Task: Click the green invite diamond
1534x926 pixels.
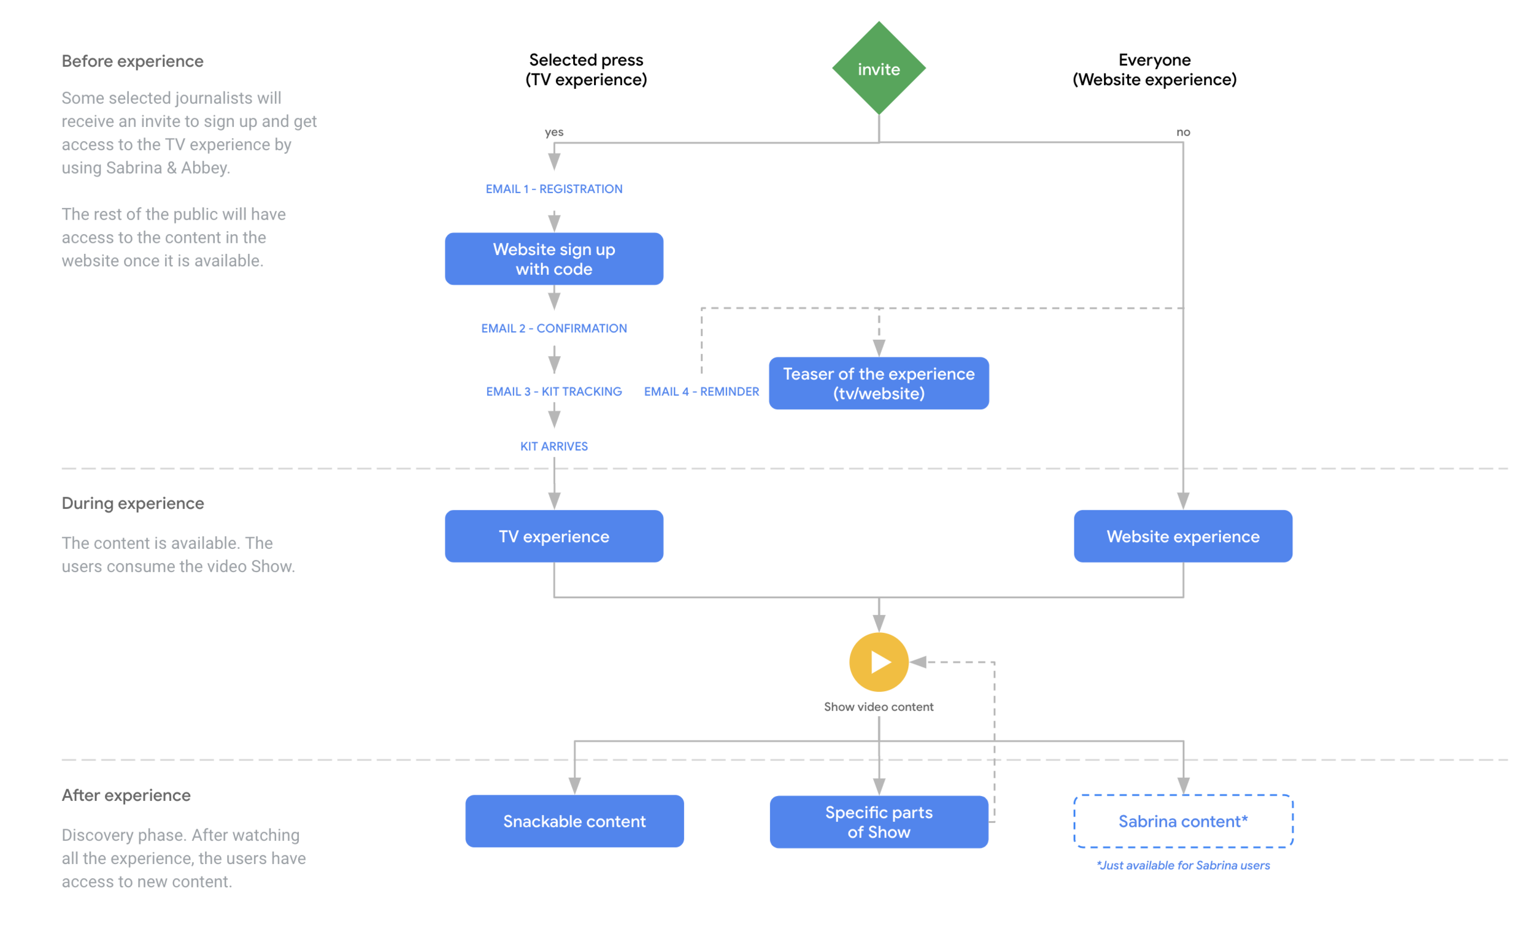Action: (x=879, y=69)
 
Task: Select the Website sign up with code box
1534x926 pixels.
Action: (x=553, y=259)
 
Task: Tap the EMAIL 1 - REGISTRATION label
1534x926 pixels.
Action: (x=553, y=188)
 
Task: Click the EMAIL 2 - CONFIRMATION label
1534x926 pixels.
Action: (x=553, y=328)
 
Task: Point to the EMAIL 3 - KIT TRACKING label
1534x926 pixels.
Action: (x=553, y=391)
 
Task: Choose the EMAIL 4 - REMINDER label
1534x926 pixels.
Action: (x=701, y=391)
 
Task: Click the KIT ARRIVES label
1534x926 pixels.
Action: (x=553, y=446)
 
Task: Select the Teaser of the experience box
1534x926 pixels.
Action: (x=879, y=383)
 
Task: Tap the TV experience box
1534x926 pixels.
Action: (x=553, y=537)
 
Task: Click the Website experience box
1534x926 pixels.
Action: (x=1182, y=537)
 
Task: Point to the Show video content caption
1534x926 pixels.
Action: (x=879, y=707)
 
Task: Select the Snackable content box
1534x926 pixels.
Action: (x=574, y=821)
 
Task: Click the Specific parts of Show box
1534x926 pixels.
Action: (x=879, y=822)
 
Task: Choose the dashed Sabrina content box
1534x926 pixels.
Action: (x=1182, y=821)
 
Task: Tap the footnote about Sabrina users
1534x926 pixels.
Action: (x=1182, y=865)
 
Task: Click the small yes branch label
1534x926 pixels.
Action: (x=553, y=132)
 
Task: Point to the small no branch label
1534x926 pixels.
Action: (x=1182, y=132)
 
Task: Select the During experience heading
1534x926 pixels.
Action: (x=133, y=503)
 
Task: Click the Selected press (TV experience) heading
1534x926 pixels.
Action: (x=586, y=70)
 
